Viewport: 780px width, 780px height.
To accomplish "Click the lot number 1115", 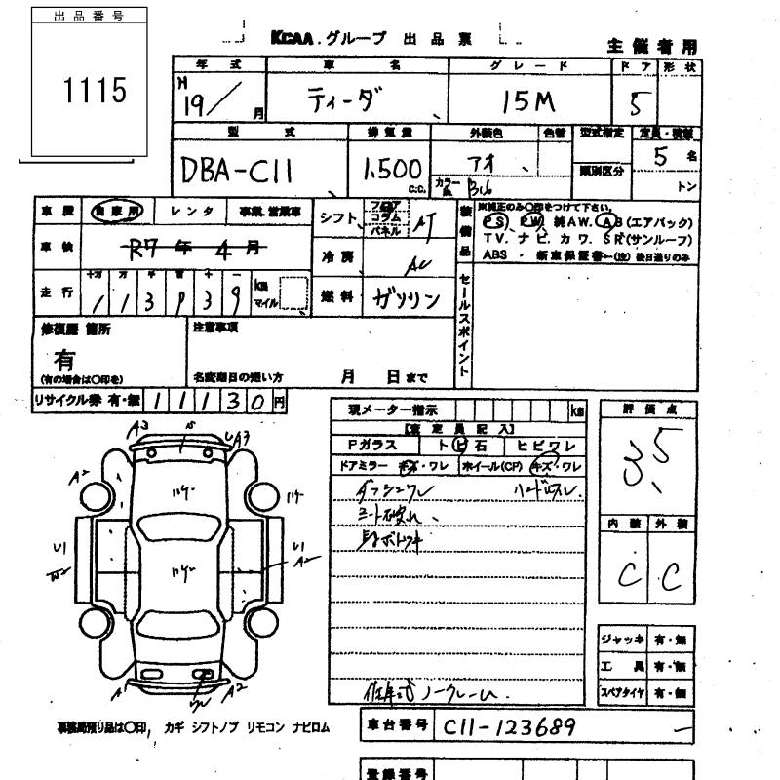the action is click(x=96, y=91).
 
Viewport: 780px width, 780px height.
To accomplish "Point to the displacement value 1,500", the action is click(x=391, y=169).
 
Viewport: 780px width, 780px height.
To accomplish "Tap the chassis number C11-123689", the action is click(x=507, y=727).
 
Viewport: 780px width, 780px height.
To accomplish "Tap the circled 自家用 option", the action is click(x=115, y=211).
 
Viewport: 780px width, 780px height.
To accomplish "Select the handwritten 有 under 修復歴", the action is click(x=65, y=360).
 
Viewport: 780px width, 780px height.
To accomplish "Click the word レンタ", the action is click(x=190, y=211).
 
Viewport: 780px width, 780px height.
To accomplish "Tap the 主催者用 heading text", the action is click(x=652, y=45).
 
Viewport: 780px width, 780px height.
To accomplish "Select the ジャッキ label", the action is click(x=621, y=640).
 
